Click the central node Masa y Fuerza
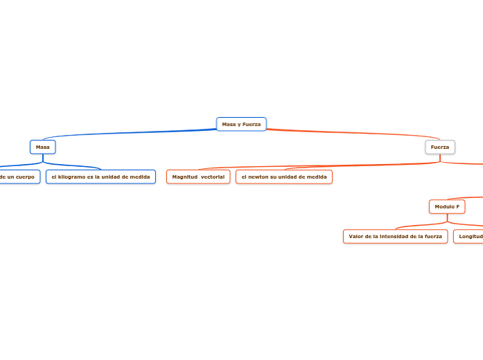[x=241, y=124]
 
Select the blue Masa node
[x=42, y=147]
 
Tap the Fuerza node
[x=439, y=147]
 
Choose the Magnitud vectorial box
[x=198, y=177]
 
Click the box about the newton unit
[x=284, y=177]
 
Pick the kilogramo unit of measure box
[x=100, y=177]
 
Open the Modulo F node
[x=447, y=206]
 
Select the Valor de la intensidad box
[x=395, y=237]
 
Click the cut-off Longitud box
[x=468, y=237]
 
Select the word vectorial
[x=212, y=177]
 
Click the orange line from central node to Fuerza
[x=346, y=134]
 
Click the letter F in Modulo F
[x=457, y=206]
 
